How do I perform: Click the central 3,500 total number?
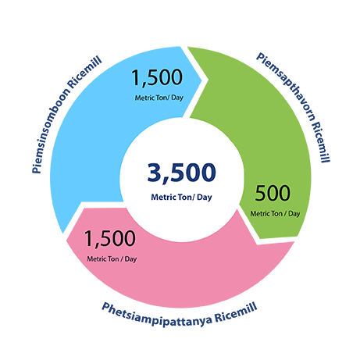[181, 172]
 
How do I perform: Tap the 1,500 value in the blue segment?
[157, 77]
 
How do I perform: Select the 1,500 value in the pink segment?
[109, 238]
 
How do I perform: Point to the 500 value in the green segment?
[273, 193]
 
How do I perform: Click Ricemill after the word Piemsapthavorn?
[321, 142]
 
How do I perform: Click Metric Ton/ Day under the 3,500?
[181, 198]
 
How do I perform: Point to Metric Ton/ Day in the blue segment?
[159, 98]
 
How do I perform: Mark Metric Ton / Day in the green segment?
[275, 214]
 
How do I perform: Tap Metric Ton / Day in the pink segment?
[112, 259]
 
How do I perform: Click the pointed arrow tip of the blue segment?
[201, 79]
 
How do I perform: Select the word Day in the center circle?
[205, 198]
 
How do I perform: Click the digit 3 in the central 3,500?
[155, 172]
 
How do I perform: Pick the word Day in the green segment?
[294, 214]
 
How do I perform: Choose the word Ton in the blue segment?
[161, 98]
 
